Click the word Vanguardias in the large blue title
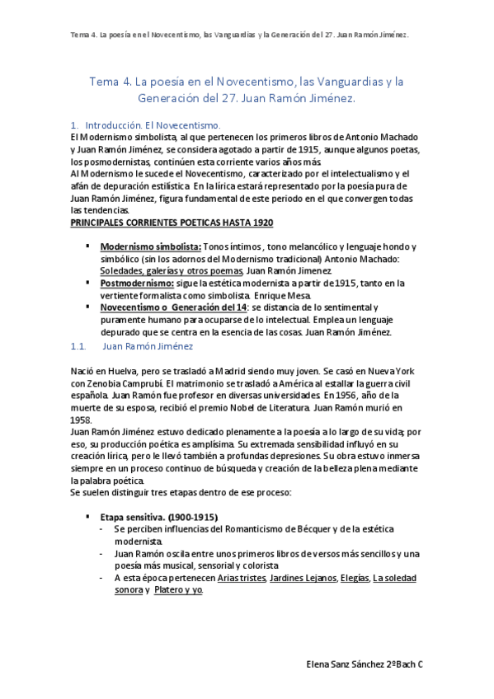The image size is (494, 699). click(313, 82)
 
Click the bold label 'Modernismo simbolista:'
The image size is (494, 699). click(150, 247)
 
